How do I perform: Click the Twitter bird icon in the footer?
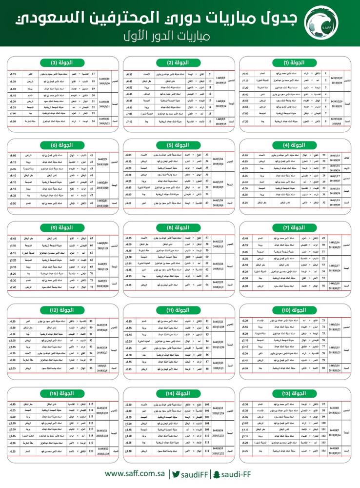point(177,474)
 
